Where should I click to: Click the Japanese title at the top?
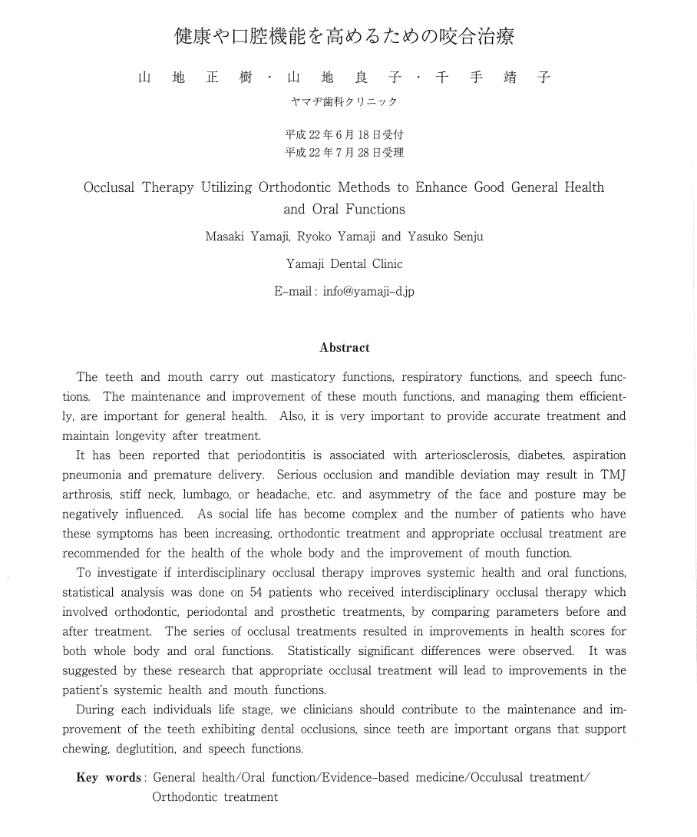point(344,36)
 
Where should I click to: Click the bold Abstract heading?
point(345,348)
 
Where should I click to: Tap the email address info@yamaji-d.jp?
point(368,292)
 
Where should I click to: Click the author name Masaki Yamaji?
point(247,237)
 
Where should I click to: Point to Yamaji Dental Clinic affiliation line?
point(344,264)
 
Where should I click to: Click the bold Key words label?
point(108,778)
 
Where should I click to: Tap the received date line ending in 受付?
point(344,134)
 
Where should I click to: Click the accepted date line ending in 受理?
point(344,152)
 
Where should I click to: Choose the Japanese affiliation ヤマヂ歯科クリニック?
point(344,102)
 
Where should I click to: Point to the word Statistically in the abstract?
point(318,651)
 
